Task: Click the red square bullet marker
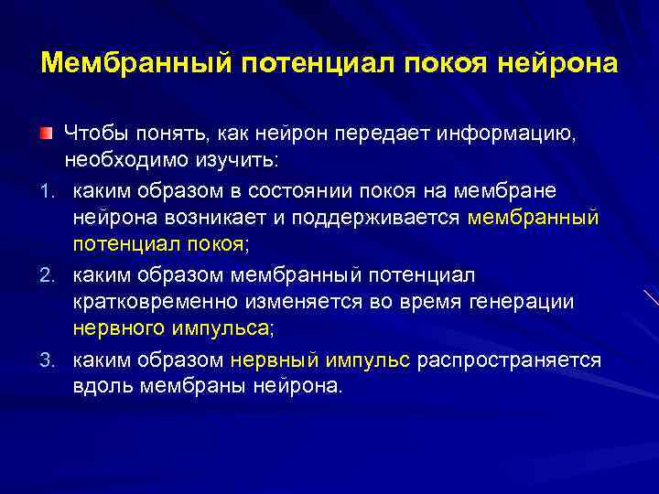(45, 134)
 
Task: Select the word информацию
(519, 135)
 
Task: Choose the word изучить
(221, 161)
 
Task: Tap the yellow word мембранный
(533, 219)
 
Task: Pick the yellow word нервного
(114, 328)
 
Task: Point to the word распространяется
(509, 360)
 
